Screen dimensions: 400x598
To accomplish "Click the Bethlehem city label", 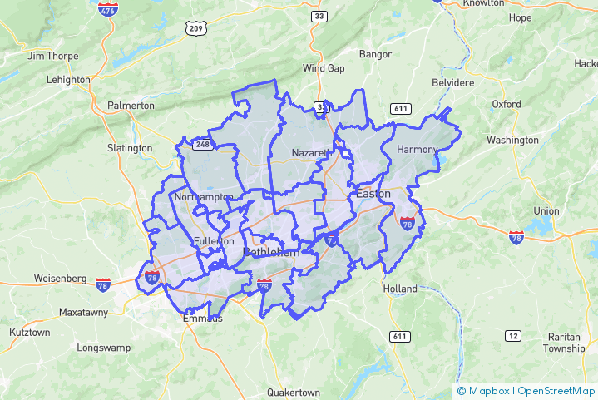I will (x=270, y=252).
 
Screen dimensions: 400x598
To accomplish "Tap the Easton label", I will (x=373, y=194).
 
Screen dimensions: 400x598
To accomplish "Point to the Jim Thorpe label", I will (x=53, y=56).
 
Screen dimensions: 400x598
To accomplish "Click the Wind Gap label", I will (x=323, y=68).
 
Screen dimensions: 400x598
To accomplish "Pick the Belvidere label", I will (x=452, y=83).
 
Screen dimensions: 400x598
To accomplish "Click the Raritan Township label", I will (x=564, y=343).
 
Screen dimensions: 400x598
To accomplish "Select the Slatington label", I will (x=130, y=148).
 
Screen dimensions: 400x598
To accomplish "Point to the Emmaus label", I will (x=202, y=318).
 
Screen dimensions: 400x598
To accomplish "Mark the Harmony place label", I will (x=417, y=149).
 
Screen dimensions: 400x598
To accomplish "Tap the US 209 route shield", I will (x=195, y=28).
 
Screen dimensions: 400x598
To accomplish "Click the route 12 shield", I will (x=512, y=334).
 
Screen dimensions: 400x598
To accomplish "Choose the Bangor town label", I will (x=375, y=54).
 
